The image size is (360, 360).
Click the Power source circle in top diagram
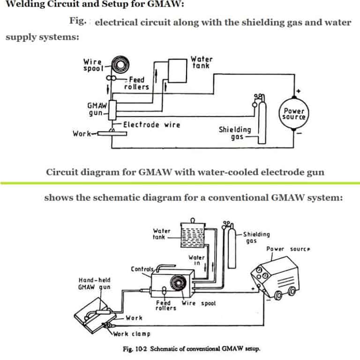(294, 113)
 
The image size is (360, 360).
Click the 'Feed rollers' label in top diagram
(136, 83)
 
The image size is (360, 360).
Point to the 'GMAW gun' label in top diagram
(95, 109)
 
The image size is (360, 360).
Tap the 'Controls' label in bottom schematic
(142, 269)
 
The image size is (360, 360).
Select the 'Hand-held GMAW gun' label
(94, 284)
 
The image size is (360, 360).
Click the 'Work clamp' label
(132, 334)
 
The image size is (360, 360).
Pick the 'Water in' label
(196, 260)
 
